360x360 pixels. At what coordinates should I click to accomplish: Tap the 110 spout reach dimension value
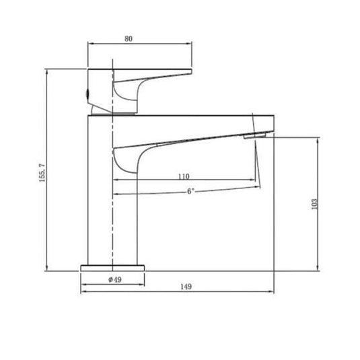click(x=183, y=176)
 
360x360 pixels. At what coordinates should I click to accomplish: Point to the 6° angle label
click(x=191, y=191)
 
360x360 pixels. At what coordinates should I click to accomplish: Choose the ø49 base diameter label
click(x=114, y=279)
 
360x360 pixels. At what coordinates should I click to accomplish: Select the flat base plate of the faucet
click(x=113, y=268)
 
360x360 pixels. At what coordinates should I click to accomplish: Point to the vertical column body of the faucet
click(x=113, y=202)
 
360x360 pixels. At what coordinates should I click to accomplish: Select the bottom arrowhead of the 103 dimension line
click(x=318, y=268)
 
